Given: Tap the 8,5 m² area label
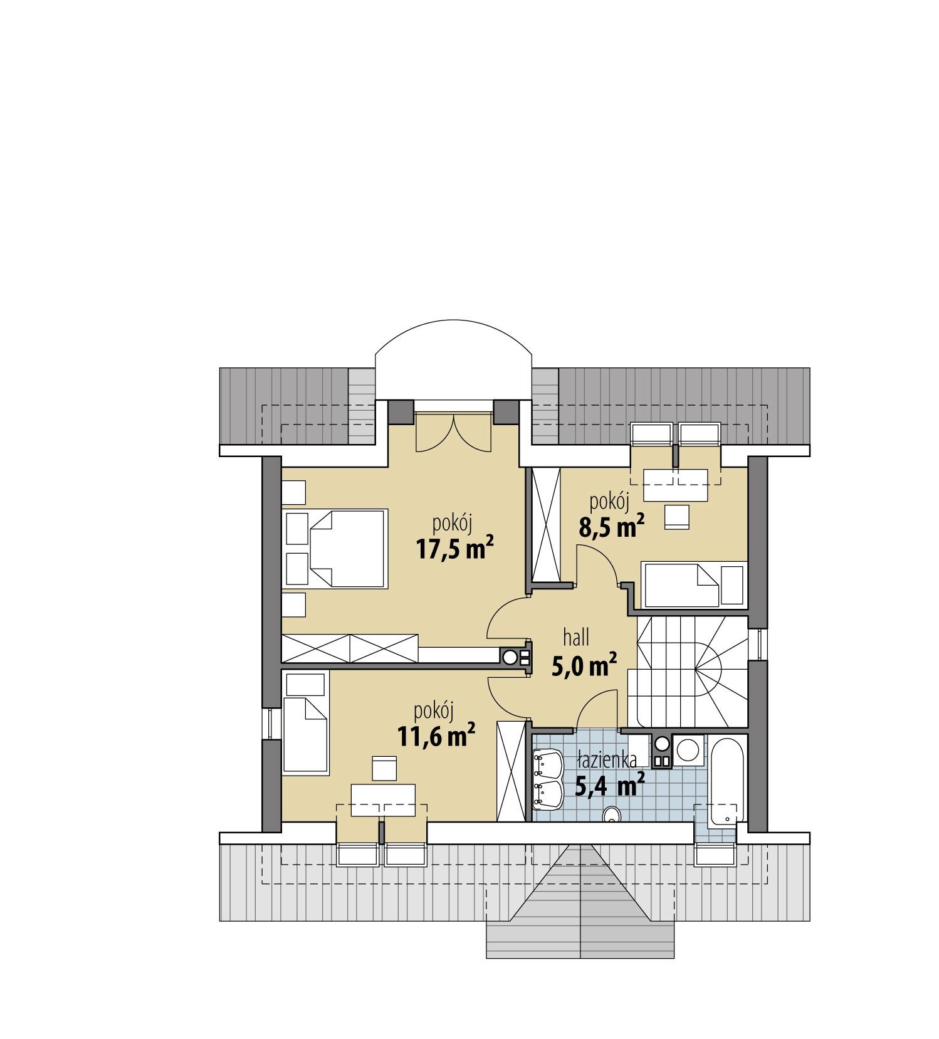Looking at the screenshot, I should (611, 528).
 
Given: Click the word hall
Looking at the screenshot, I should (576, 638).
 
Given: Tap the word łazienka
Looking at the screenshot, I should (607, 760).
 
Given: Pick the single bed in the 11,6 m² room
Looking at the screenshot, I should (305, 724).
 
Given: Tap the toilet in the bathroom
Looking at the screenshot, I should (610, 815).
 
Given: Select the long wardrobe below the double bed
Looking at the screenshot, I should (349, 647).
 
